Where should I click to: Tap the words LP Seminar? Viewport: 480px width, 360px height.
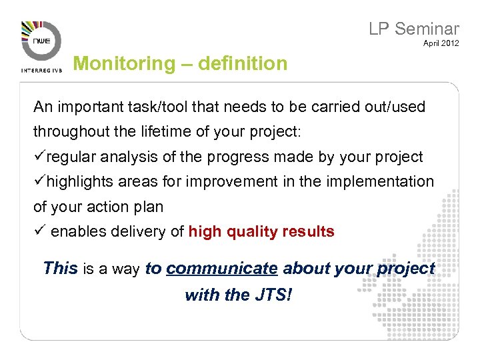(414, 29)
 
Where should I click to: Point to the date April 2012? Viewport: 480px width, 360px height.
(441, 45)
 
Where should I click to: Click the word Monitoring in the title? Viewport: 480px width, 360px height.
(123, 64)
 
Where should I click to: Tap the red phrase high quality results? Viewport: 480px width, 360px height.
(261, 232)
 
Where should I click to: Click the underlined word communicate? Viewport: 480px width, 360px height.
(221, 269)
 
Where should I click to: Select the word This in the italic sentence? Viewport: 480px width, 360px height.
(60, 269)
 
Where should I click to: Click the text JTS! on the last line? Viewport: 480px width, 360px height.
(272, 294)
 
